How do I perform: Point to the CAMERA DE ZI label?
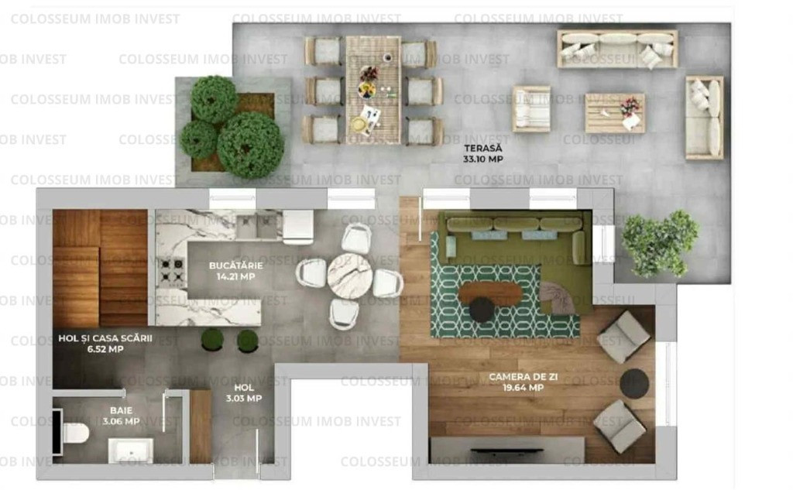tap(523, 377)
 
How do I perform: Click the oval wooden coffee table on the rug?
tap(489, 293)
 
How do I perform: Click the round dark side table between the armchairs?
tap(634, 382)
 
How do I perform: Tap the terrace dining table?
tap(373, 90)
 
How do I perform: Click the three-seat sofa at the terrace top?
tap(617, 49)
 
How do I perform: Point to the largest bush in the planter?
tap(250, 144)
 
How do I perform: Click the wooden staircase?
tap(100, 268)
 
